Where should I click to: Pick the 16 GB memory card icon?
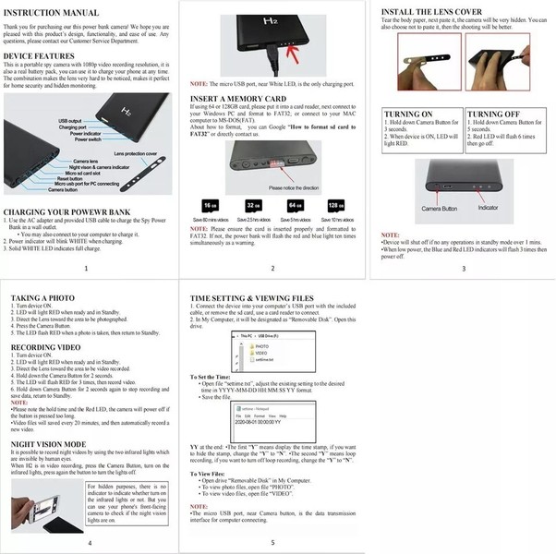point(211,206)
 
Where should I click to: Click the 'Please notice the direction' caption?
point(294,187)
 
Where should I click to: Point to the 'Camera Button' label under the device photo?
point(442,210)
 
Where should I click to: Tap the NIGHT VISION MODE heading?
point(49,443)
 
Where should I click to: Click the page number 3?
point(464,268)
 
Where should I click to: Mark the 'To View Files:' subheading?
point(215,474)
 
